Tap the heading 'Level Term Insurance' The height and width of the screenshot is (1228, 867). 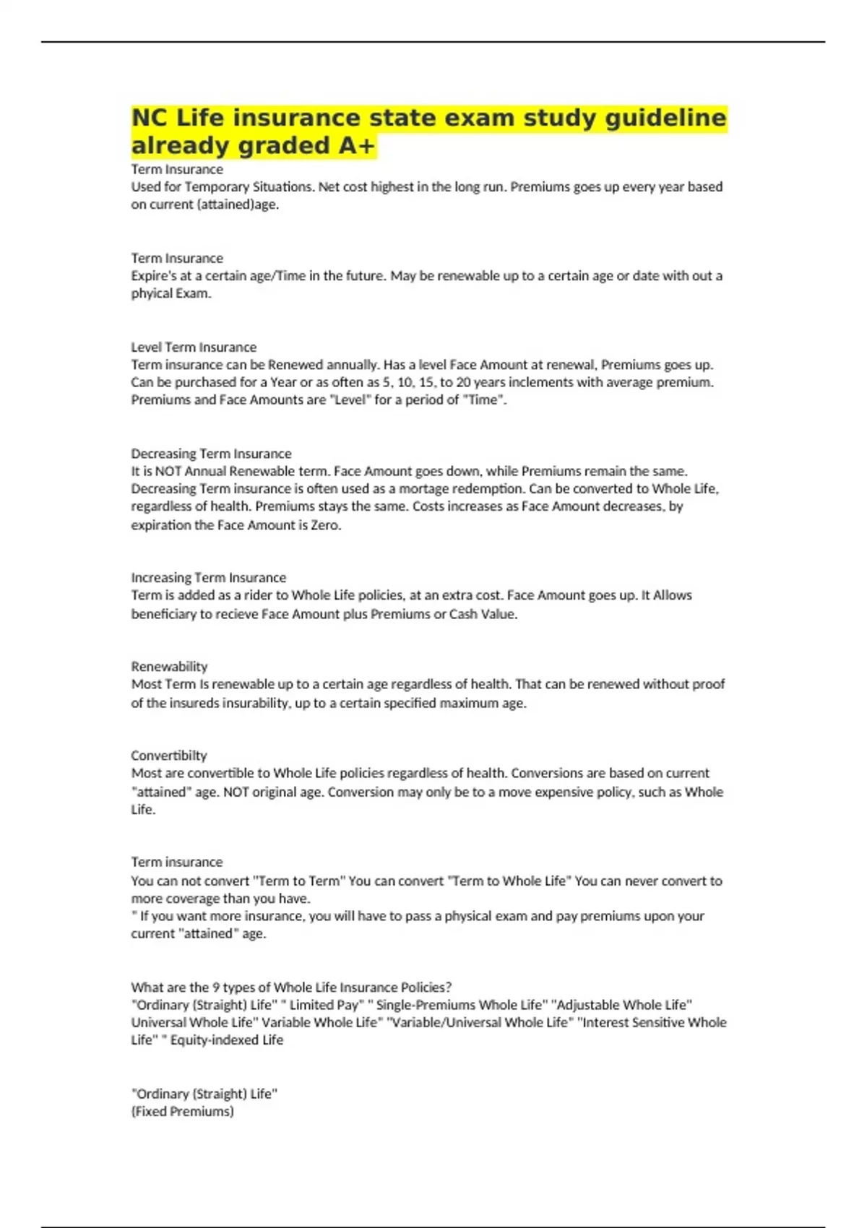(194, 347)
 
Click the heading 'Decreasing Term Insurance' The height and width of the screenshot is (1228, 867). (211, 454)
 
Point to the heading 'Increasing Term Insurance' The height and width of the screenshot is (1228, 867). (208, 578)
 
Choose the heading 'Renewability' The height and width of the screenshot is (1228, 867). (169, 667)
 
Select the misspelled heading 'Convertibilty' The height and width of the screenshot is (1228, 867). (169, 756)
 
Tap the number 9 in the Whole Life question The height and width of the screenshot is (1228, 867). (216, 987)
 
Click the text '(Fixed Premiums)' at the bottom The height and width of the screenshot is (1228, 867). (182, 1112)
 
